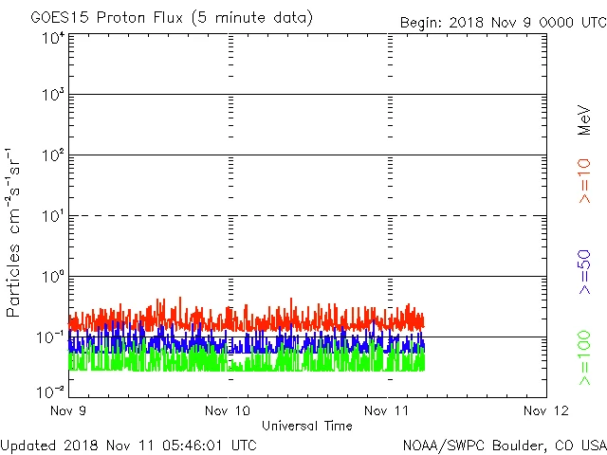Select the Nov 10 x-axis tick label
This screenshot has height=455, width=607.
click(230, 410)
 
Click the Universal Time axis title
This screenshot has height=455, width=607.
click(307, 426)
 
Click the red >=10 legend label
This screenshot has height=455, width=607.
click(584, 181)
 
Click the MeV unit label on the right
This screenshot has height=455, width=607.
click(584, 119)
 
